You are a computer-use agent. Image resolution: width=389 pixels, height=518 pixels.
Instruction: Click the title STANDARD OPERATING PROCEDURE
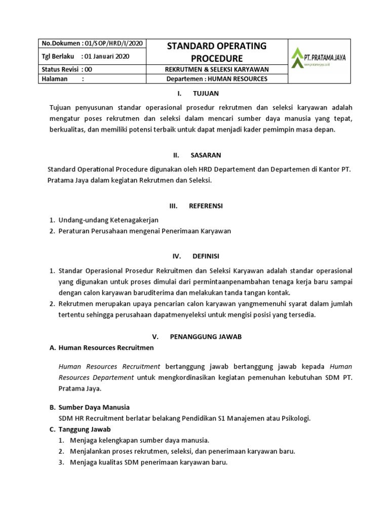pos(216,52)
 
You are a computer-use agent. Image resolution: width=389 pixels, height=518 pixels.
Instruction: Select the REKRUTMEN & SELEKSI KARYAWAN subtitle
pos(216,69)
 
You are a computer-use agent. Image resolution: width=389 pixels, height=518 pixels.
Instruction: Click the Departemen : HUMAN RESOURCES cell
pos(216,79)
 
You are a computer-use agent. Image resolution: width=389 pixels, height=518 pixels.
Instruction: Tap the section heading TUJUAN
pos(205,94)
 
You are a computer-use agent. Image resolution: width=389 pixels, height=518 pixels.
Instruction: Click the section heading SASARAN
pos(206,155)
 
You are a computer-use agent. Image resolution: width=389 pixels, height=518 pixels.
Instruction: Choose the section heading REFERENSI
pos(206,206)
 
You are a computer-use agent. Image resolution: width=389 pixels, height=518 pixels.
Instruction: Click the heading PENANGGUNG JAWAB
pos(205,336)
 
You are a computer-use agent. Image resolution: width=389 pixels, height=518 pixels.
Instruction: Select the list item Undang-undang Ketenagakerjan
pos(108,220)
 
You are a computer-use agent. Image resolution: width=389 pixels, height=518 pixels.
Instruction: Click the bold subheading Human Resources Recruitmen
pos(106,348)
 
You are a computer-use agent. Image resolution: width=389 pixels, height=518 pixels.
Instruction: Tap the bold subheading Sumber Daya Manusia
pos(94,407)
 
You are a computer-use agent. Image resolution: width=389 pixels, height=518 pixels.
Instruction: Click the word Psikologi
pos(294,418)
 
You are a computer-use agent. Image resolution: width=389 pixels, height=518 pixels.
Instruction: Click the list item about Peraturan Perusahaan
pos(145,231)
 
